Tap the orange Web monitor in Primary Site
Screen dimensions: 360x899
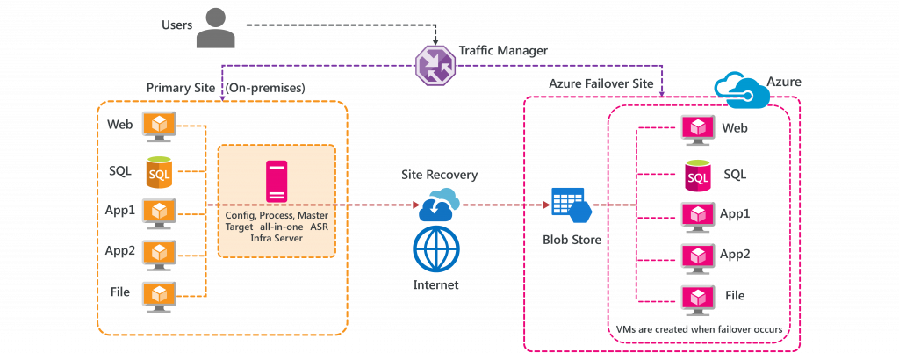tap(160, 126)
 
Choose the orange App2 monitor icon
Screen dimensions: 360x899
tap(160, 253)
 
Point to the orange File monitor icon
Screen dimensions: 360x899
tap(160, 293)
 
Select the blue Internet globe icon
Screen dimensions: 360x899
tap(436, 252)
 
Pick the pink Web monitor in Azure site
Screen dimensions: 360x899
tap(698, 129)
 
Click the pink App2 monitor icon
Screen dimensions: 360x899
tap(698, 256)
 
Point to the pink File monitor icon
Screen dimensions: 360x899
tap(698, 296)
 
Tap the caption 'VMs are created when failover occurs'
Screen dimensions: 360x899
tap(699, 328)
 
